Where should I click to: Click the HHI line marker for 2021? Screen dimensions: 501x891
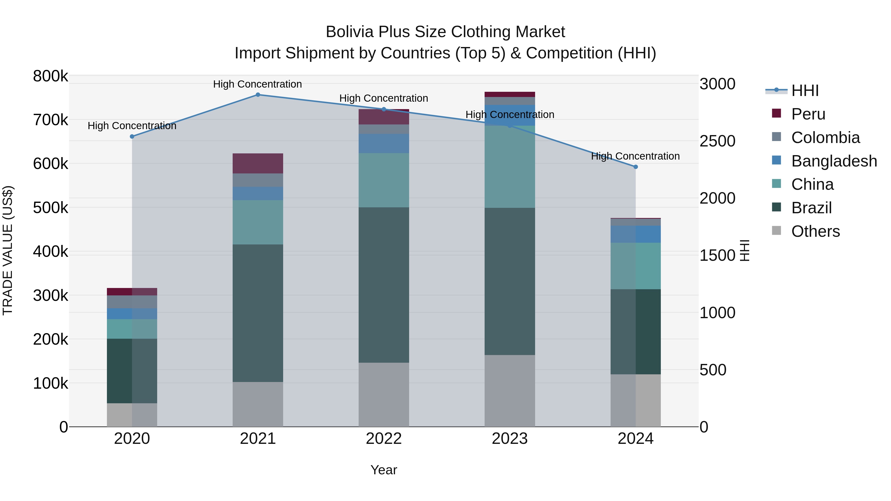258,95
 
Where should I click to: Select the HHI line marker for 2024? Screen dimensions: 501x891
635,167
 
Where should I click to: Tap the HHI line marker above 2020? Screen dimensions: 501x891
132,137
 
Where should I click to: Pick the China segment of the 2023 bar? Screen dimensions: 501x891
510,167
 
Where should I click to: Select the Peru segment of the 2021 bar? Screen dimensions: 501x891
258,163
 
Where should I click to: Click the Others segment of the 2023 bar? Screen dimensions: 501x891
510,391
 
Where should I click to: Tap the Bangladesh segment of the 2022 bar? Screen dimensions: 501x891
384,143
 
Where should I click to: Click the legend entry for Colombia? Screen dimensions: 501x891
825,138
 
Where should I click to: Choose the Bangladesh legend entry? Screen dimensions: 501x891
834,161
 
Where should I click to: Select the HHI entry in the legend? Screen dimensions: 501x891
805,91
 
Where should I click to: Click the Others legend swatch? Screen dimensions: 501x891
776,231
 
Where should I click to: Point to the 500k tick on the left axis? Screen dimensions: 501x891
50,208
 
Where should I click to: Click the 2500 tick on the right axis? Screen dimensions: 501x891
717,141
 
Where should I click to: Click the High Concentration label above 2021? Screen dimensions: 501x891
257,84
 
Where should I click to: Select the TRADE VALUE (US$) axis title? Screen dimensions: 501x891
8,250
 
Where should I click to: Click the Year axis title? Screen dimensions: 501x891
384,470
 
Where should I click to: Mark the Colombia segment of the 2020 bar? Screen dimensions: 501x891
132,302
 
